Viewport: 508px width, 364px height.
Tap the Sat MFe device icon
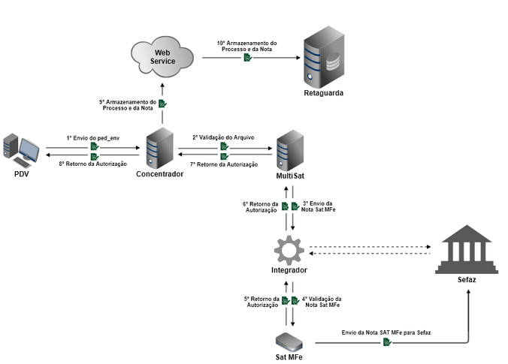289,341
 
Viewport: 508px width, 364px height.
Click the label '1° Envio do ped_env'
93,138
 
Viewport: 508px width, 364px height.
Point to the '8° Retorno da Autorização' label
92,164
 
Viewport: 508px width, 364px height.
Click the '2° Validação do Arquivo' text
223,137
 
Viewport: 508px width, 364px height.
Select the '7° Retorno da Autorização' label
223,164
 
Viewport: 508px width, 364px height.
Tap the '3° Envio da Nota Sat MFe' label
319,206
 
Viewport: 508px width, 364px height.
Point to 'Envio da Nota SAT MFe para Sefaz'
386,331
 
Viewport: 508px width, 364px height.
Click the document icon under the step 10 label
246,59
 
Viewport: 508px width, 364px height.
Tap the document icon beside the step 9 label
162,104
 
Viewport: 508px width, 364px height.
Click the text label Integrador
289,269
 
